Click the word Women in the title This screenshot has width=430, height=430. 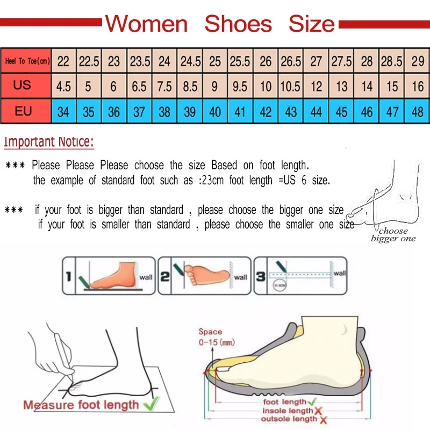pyautogui.click(x=146, y=24)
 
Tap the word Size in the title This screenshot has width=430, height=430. pyautogui.click(x=311, y=24)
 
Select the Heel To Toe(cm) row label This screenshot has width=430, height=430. pyautogui.click(x=27, y=61)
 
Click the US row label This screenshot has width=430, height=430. pyautogui.click(x=23, y=86)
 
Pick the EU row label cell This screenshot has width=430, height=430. pyautogui.click(x=23, y=112)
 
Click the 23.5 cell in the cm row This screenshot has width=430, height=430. pyautogui.click(x=140, y=61)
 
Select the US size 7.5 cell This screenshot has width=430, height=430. pyautogui.click(x=164, y=87)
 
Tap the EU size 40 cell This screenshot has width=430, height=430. pyautogui.click(x=215, y=112)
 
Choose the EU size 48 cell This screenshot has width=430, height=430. pyautogui.click(x=418, y=112)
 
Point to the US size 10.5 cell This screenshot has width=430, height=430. pyautogui.click(x=291, y=87)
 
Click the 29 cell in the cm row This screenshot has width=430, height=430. pyautogui.click(x=418, y=61)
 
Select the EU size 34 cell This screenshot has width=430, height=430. pyautogui.click(x=63, y=112)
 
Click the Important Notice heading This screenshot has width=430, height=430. pyautogui.click(x=49, y=142)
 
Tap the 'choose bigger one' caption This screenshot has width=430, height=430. pyautogui.click(x=393, y=235)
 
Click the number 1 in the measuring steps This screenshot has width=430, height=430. pyautogui.click(x=68, y=277)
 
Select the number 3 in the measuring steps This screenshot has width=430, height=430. pyautogui.click(x=260, y=277)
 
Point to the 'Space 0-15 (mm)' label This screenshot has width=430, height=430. pyautogui.click(x=213, y=337)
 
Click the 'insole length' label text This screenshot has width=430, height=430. pyautogui.click(x=287, y=411)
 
